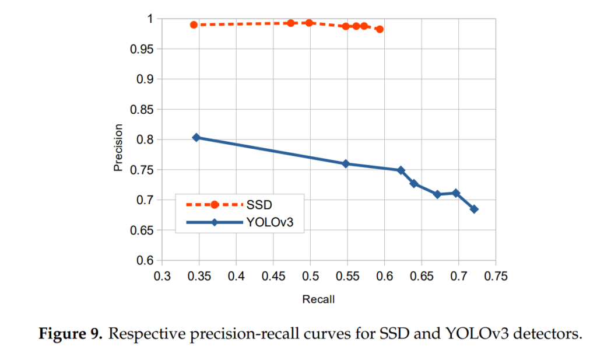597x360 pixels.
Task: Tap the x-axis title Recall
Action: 318,299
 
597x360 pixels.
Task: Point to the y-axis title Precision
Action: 118,148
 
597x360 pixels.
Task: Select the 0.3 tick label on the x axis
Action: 162,275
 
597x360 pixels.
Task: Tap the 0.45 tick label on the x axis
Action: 273,275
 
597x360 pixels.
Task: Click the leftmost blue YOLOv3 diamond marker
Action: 196,137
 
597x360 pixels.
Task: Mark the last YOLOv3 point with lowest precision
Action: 474,209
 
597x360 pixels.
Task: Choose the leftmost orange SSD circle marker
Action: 194,25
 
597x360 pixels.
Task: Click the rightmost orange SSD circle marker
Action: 380,29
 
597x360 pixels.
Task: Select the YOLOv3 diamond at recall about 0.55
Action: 346,163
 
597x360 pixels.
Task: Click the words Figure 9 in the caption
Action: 71,335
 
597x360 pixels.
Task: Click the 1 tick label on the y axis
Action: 149,19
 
